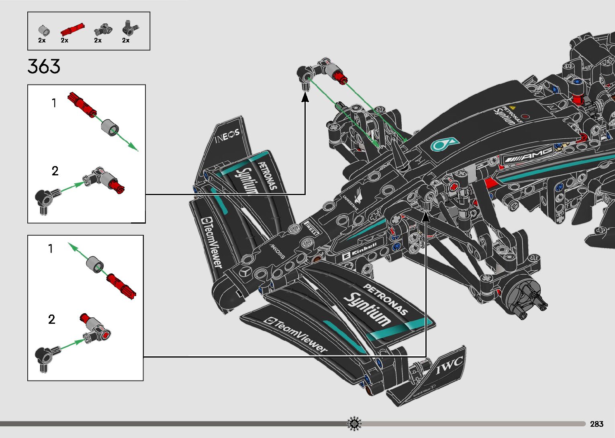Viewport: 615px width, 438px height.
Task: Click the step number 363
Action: coord(44,66)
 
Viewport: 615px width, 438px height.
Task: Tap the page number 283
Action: coord(597,424)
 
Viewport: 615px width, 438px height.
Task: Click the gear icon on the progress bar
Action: coord(354,424)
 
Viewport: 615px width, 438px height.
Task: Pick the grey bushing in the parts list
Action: coord(44,31)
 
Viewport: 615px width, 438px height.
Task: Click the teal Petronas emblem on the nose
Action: coord(444,144)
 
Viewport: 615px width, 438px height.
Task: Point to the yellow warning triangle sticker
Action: coord(512,108)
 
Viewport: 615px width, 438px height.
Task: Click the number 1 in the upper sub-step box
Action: coord(54,103)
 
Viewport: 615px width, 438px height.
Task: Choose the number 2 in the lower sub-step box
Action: coord(51,319)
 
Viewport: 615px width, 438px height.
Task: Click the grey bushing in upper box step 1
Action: coord(109,127)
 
